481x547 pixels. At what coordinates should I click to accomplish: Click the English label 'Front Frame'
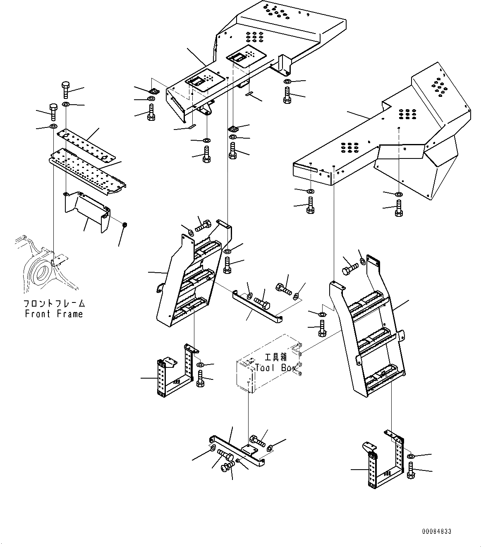click(x=54, y=314)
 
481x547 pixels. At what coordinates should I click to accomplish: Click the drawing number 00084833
click(x=437, y=531)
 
